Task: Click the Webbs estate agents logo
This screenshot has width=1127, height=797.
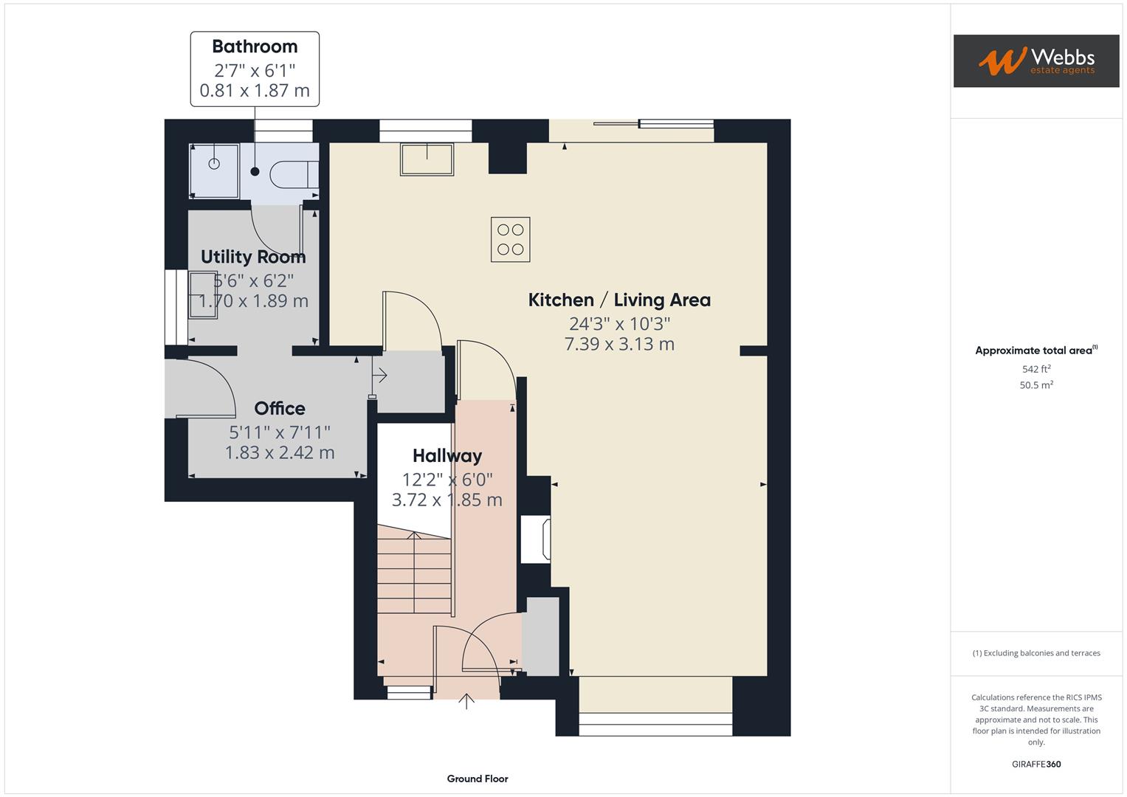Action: click(1035, 61)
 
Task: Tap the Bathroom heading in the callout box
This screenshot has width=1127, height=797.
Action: click(255, 46)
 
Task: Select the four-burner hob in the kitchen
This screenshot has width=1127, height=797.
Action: click(510, 239)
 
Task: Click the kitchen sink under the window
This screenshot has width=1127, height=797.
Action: click(427, 159)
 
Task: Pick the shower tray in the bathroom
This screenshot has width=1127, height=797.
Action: click(214, 171)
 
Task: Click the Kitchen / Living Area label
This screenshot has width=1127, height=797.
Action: click(619, 300)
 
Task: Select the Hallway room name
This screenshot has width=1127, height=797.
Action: click(447, 456)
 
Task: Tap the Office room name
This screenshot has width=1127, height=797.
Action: click(280, 409)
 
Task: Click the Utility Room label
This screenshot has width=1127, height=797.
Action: click(253, 258)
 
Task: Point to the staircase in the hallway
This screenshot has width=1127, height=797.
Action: click(414, 574)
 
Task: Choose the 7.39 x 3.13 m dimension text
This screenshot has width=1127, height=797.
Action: click(619, 344)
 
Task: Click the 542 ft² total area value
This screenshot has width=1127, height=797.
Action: click(1036, 369)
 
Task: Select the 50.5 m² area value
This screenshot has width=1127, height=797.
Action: click(1036, 385)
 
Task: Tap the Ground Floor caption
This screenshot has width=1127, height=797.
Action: click(478, 779)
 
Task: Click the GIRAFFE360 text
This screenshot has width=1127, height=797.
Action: click(1036, 765)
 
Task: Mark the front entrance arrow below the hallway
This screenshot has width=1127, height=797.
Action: click(466, 700)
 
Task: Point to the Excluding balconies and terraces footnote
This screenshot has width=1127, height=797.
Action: click(1036, 653)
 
